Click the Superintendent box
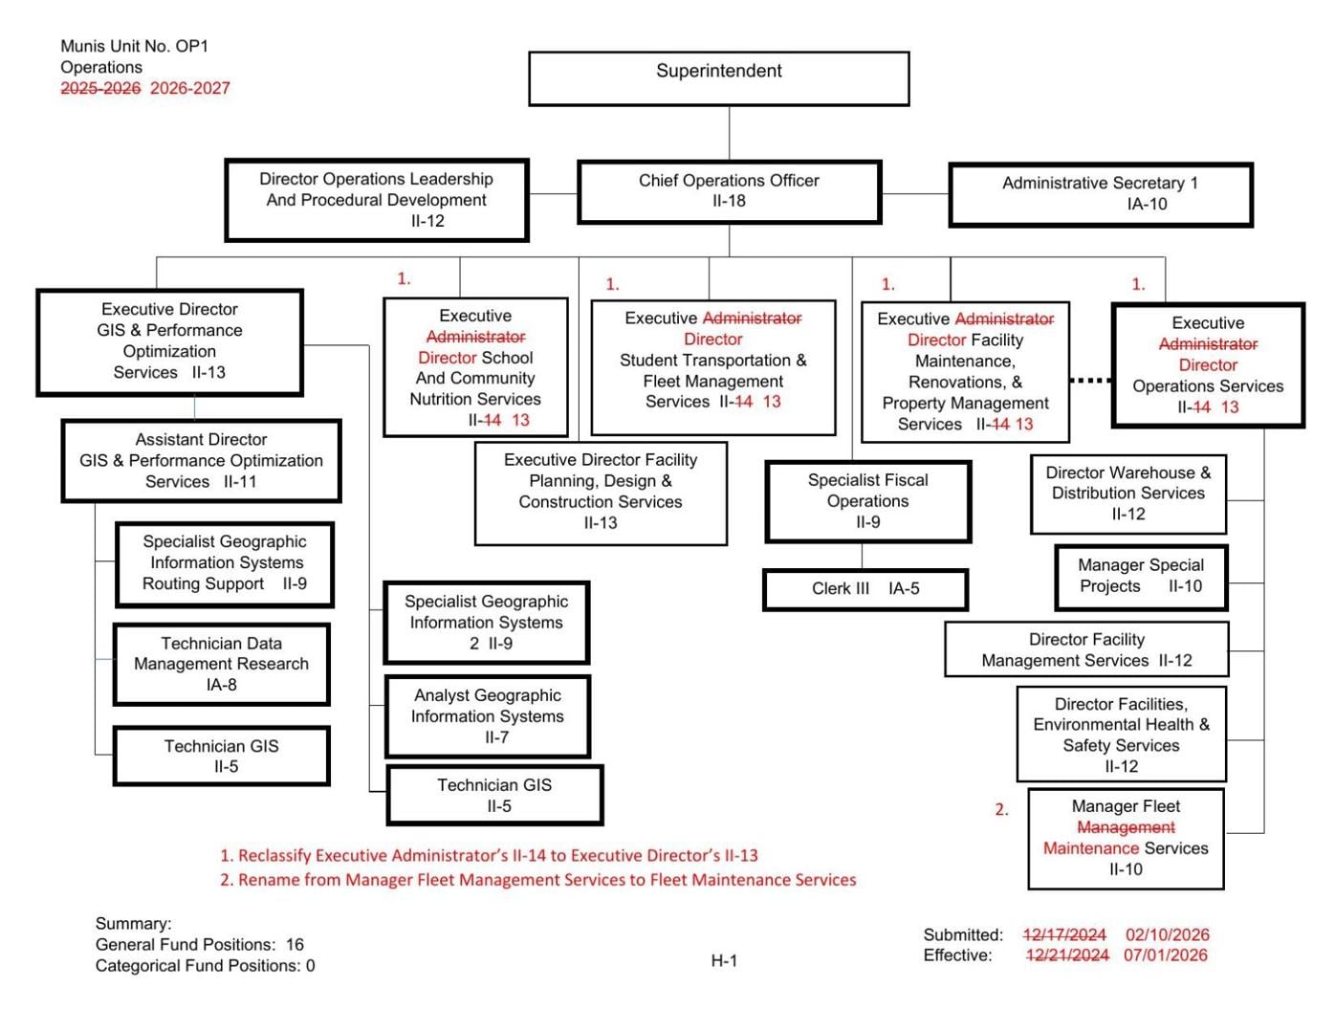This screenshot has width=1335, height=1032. [718, 78]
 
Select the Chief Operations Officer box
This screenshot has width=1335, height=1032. [729, 191]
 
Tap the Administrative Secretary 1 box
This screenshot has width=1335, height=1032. [1100, 194]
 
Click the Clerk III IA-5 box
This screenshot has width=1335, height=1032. [864, 589]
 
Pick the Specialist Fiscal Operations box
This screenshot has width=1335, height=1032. [867, 501]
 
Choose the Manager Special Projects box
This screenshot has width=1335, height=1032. [1140, 577]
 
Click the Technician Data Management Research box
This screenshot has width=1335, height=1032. [221, 665]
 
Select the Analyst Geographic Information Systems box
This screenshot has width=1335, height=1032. [487, 716]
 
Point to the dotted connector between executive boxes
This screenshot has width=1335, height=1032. [1090, 381]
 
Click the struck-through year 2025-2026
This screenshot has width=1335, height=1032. [100, 88]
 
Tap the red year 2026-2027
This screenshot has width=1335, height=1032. [190, 88]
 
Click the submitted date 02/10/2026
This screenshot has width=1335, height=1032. [1167, 934]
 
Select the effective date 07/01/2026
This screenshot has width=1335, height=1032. [1165, 955]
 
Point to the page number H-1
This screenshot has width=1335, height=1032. [724, 960]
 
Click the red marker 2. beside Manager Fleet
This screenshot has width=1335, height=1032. [1001, 810]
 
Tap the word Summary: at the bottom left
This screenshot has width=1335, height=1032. [133, 924]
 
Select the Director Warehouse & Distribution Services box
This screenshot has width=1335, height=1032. [1127, 494]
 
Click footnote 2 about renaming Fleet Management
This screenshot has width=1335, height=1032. [537, 880]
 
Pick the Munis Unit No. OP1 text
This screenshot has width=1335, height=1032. [134, 46]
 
